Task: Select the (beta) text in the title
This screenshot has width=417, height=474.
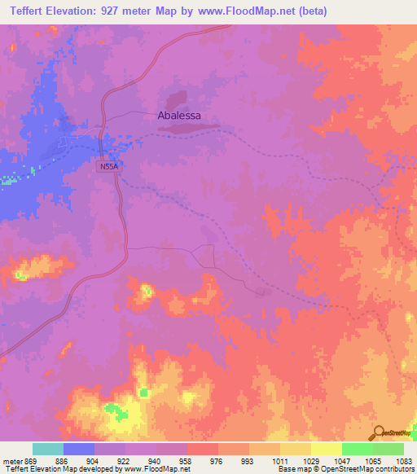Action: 310,11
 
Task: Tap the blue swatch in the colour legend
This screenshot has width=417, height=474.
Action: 79,449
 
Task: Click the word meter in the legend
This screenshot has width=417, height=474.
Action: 12,460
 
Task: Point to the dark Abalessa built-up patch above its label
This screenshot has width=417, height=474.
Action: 179,101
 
